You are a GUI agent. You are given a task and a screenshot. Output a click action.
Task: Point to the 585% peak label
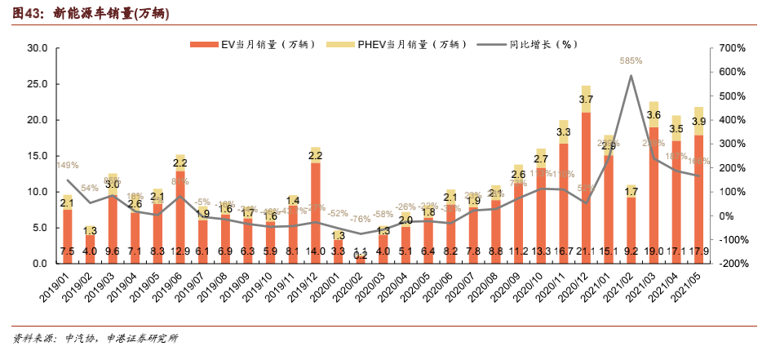631,60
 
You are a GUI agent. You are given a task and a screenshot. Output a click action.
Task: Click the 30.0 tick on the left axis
37,48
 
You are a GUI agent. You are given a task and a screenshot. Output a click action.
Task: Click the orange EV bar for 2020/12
586,180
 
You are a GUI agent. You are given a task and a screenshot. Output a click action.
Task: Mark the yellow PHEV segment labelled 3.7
586,99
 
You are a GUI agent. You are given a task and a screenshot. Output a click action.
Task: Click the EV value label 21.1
586,253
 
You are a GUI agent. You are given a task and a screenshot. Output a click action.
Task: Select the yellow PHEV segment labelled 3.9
699,121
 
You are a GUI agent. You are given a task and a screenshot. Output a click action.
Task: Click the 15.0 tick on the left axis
37,156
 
